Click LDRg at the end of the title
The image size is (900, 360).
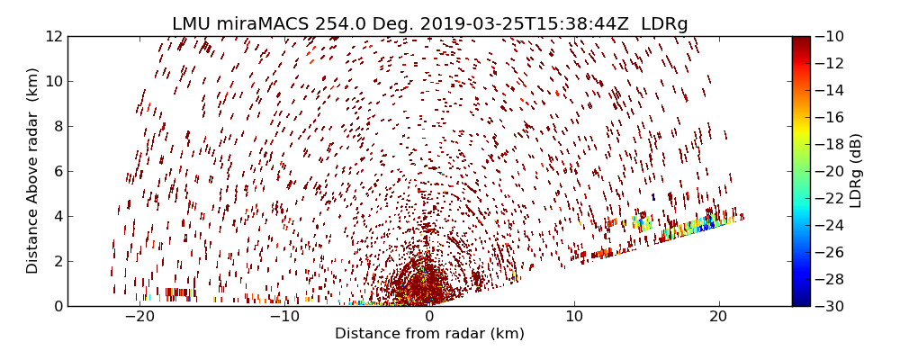tap(664, 24)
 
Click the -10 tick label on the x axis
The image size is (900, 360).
tap(284, 317)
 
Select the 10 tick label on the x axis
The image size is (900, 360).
tap(573, 317)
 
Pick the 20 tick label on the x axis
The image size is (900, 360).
tap(718, 317)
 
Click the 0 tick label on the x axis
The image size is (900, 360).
tap(429, 317)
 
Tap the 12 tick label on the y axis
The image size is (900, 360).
tap(52, 37)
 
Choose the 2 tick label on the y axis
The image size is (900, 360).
tap(56, 261)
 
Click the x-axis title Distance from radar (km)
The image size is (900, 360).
tap(429, 334)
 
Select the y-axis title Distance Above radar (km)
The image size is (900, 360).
tap(33, 171)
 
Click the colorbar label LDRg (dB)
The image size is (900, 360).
tap(856, 171)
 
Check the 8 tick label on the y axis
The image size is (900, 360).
tap(56, 126)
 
